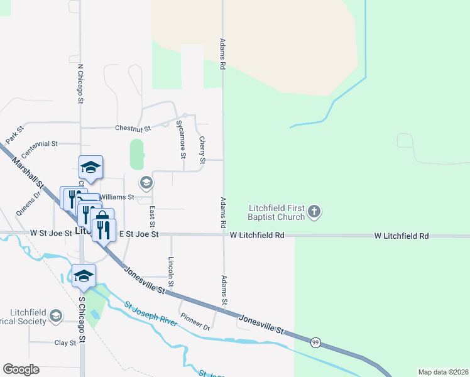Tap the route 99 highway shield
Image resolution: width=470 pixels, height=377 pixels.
click(315, 342)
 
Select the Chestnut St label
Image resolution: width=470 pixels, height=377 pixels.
click(133, 129)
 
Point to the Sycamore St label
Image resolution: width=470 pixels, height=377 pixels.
click(182, 139)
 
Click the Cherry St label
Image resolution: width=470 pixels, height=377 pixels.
click(202, 151)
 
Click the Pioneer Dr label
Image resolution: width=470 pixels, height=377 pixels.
click(194, 322)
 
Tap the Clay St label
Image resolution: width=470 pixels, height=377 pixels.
click(65, 343)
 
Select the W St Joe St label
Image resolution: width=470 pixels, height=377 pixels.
click(51, 233)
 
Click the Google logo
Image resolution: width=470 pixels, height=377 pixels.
click(21, 369)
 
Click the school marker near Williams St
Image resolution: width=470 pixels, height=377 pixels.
click(146, 183)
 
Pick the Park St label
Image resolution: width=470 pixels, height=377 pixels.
click(14, 134)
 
